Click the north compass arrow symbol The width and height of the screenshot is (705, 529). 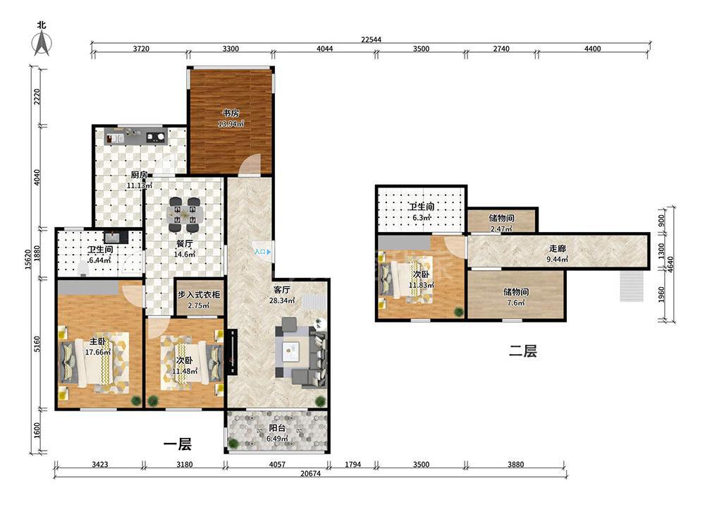click(42, 44)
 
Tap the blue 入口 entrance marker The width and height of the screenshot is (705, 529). click(262, 253)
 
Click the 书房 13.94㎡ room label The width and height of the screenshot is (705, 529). click(231, 118)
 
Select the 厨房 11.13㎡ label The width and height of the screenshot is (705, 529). click(140, 179)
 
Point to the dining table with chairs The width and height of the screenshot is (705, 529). click(185, 215)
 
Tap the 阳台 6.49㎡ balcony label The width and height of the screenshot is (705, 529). click(277, 434)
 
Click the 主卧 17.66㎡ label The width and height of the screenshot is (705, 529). click(98, 347)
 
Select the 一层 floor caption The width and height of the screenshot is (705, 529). click(178, 444)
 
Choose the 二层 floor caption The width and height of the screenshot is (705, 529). click(523, 351)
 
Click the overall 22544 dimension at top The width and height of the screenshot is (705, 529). click(371, 39)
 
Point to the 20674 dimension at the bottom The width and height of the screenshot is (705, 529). click(310, 474)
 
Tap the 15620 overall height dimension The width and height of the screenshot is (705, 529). click(28, 260)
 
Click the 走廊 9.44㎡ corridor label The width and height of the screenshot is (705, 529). click(557, 254)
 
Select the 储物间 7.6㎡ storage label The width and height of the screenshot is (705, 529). click(516, 298)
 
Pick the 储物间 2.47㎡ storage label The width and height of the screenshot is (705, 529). click(501, 223)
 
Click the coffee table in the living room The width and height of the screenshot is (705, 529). click(291, 350)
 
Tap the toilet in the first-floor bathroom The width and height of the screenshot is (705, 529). click(82, 268)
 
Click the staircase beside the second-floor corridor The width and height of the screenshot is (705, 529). click(632, 286)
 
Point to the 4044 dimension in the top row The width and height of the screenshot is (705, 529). click(324, 49)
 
